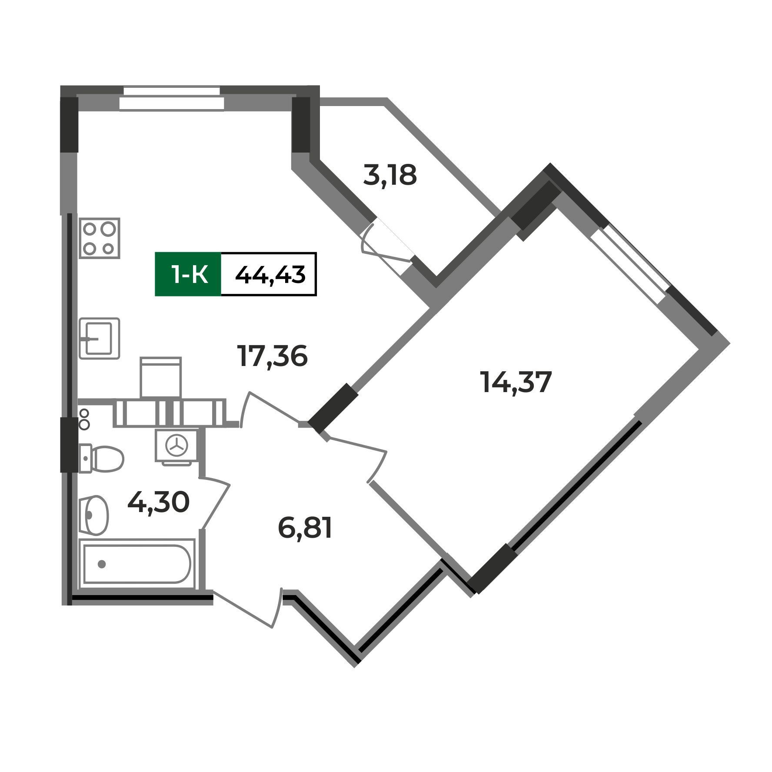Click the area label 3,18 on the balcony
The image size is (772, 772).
pyautogui.click(x=390, y=176)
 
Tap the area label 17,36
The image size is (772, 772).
pyautogui.click(x=273, y=356)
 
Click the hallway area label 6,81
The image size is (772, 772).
pyautogui.click(x=305, y=529)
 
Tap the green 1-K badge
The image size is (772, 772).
pyautogui.click(x=189, y=275)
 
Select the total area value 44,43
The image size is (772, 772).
pyautogui.click(x=270, y=275)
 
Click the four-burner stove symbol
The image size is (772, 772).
pyautogui.click(x=100, y=238)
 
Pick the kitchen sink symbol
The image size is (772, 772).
pyautogui.click(x=100, y=339)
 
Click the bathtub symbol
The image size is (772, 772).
pyautogui.click(x=137, y=564)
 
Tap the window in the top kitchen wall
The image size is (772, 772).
pyautogui.click(x=172, y=98)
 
